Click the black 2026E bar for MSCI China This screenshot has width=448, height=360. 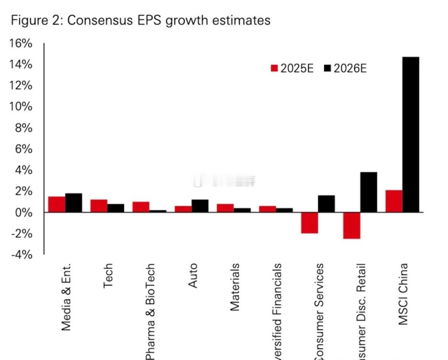(410, 134)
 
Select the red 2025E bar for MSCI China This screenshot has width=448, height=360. (394, 201)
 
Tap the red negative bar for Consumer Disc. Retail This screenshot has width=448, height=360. (352, 225)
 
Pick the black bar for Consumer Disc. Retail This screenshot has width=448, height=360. (368, 192)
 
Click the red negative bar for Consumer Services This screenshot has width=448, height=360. (309, 223)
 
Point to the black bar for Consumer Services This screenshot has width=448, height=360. (326, 204)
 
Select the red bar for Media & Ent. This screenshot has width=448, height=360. (57, 204)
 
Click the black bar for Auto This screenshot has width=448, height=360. (200, 206)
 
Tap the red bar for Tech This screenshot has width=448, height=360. (99, 206)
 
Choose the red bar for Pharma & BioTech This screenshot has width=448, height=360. (141, 207)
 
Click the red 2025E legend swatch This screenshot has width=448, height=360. (274, 68)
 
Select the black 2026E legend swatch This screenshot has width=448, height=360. (327, 68)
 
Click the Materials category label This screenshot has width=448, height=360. (234, 287)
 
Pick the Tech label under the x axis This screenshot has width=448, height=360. (108, 276)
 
